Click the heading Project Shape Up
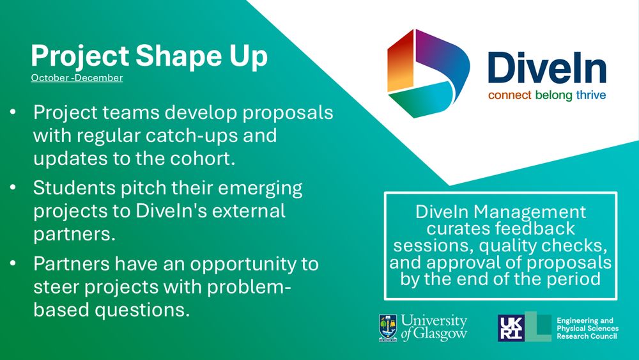pos(149,56)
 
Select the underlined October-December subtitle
pos(77,78)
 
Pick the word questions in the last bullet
pos(142,311)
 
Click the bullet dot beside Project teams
pos(13,111)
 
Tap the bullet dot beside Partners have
pos(13,263)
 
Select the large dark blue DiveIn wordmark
pos(547,68)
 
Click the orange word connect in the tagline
pos(509,95)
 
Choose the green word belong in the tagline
pos(554,96)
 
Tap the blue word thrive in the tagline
pos(591,95)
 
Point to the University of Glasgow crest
pos(388,328)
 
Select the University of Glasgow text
pos(434,327)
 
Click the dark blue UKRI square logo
pos(511,328)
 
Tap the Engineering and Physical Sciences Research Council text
pos(588,328)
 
